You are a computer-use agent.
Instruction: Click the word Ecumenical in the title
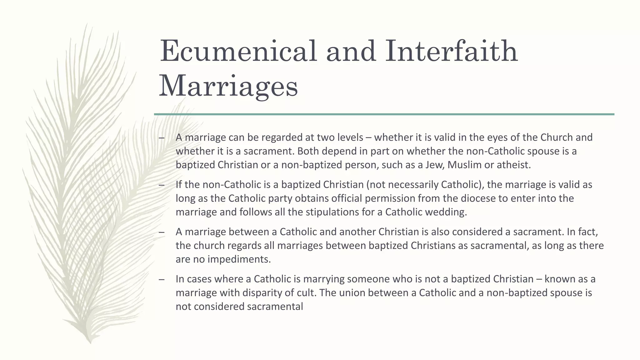pyautogui.click(x=238, y=51)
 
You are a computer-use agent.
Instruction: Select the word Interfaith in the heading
pyautogui.click(x=451, y=51)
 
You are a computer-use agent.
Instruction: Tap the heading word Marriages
pyautogui.click(x=228, y=86)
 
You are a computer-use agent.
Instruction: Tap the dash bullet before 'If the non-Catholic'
pyautogui.click(x=161, y=185)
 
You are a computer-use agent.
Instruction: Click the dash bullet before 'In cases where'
pyautogui.click(x=161, y=279)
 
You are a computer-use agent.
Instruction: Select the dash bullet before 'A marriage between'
pyautogui.click(x=161, y=232)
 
